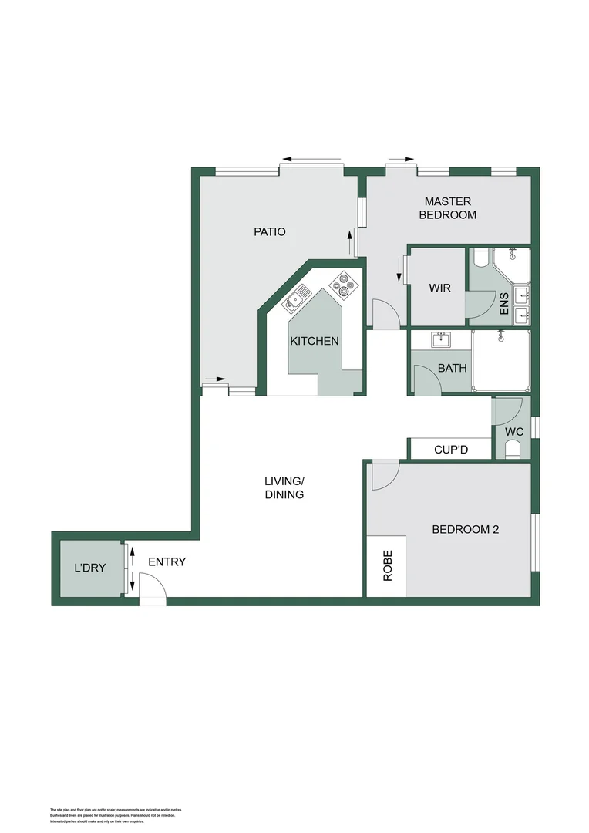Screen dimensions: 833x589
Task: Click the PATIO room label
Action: point(270,231)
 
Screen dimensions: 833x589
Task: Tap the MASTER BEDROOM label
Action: point(447,208)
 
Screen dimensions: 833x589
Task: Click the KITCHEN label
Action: point(314,341)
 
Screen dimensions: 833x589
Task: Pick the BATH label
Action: point(452,368)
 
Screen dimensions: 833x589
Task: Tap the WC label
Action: point(513,431)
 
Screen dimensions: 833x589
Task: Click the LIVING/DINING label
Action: point(284,487)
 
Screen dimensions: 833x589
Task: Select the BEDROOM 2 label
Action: point(465,529)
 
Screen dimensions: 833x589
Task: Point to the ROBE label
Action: point(387,565)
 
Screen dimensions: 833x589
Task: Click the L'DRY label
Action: point(89,568)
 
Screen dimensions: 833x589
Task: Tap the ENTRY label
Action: point(167,562)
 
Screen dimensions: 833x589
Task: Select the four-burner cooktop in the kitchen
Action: point(343,285)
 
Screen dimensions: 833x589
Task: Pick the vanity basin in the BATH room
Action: point(442,339)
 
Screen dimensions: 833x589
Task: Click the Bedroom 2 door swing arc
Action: point(385,474)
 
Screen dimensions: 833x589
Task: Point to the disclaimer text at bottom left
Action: point(115,814)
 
